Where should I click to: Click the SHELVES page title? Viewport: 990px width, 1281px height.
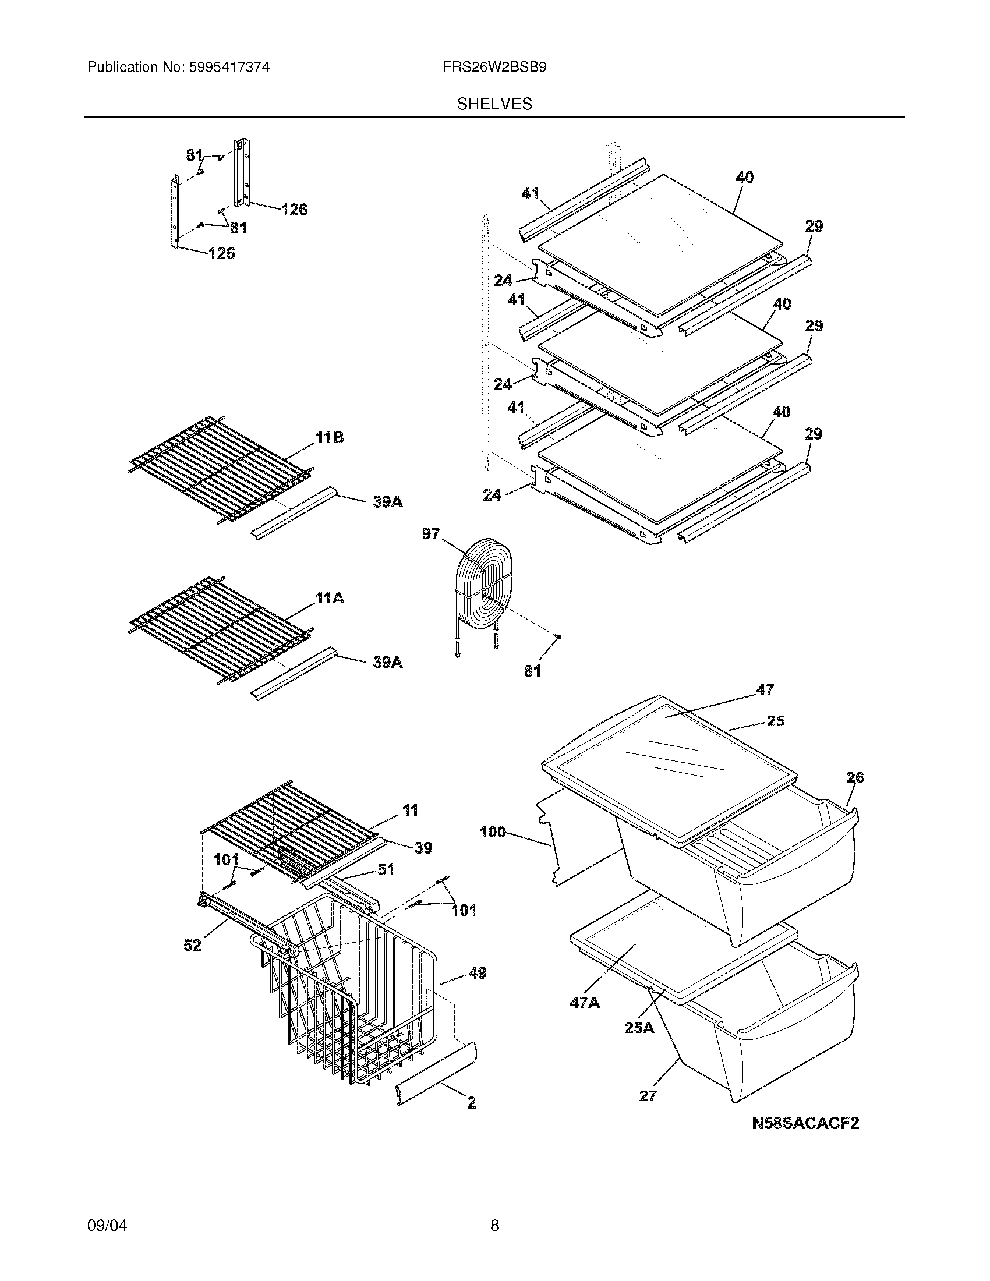494,104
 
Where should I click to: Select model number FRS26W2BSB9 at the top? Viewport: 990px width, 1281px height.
494,68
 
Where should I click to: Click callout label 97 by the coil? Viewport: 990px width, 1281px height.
430,534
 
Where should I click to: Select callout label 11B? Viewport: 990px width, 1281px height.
330,437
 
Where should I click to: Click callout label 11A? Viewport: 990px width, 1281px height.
330,598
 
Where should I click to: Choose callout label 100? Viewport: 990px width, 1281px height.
492,831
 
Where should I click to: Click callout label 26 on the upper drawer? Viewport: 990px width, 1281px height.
855,778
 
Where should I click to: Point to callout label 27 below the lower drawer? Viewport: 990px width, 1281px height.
648,1096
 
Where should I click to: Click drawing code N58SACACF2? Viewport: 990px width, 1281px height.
805,1123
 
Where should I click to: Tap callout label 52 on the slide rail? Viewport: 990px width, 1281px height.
192,945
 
